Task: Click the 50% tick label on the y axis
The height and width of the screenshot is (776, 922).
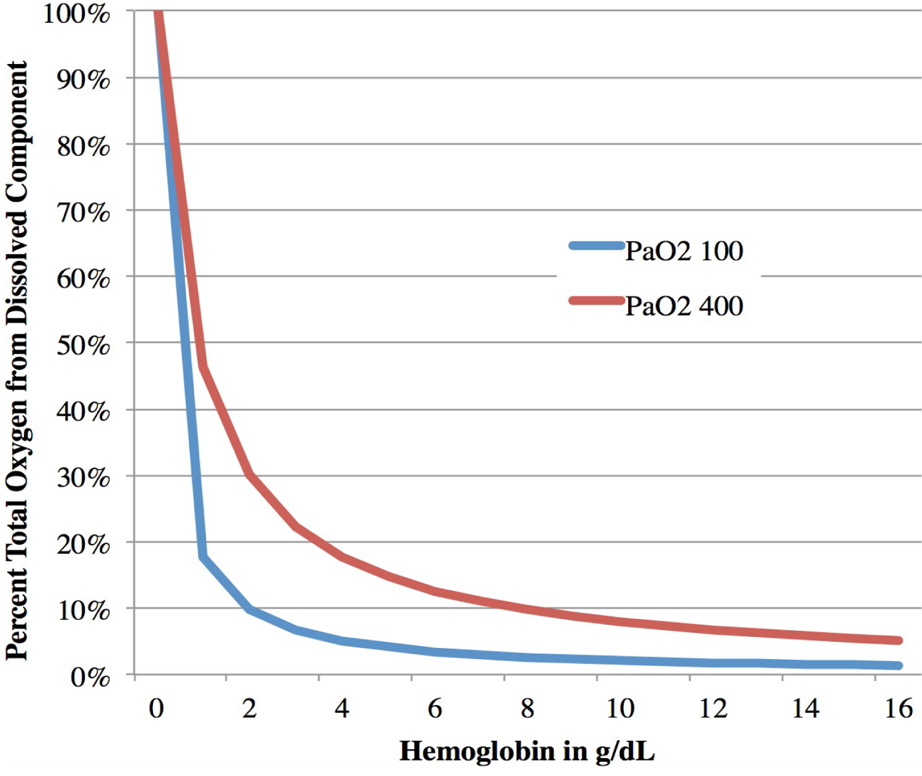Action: [84, 345]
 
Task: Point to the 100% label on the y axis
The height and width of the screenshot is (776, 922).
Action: [76, 14]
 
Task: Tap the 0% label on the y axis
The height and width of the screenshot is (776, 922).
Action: [90, 677]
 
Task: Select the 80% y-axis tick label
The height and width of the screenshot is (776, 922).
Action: [84, 146]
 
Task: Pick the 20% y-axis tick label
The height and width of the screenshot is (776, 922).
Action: [84, 544]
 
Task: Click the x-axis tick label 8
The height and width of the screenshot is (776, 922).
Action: [527, 708]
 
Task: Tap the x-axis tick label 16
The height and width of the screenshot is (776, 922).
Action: [898, 708]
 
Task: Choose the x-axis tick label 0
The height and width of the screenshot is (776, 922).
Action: [156, 708]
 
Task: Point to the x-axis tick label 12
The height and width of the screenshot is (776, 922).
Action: [713, 708]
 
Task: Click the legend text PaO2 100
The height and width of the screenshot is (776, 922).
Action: [684, 251]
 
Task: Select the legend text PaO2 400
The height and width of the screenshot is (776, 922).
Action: [684, 306]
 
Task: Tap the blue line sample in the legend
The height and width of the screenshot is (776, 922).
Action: [596, 246]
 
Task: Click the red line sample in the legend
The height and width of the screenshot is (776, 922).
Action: [596, 301]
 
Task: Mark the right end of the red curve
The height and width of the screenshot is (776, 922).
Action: [899, 641]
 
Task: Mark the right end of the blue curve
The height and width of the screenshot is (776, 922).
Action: [899, 665]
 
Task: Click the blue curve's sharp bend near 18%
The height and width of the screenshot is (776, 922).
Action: [203, 557]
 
